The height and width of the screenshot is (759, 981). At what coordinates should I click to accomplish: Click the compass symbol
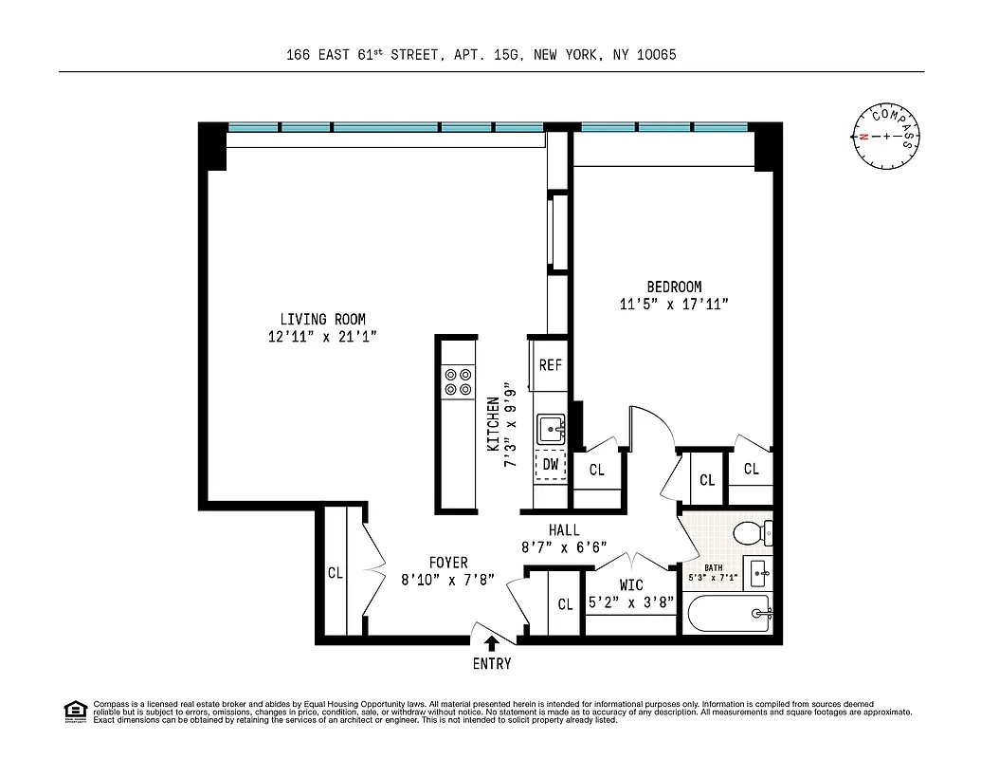click(x=886, y=137)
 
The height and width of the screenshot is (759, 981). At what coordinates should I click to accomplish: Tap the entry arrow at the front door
click(x=492, y=642)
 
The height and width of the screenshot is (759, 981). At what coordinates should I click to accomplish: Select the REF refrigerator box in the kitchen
click(x=550, y=365)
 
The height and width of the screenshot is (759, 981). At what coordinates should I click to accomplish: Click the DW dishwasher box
click(x=550, y=465)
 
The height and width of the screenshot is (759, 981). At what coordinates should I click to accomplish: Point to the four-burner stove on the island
click(x=458, y=381)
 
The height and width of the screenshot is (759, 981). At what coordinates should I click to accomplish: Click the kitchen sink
click(x=551, y=430)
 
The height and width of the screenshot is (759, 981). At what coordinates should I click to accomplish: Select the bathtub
click(x=731, y=616)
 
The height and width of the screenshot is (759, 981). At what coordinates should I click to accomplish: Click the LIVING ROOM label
click(x=322, y=320)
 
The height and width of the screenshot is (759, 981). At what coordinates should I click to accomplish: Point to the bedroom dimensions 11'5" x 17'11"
click(x=674, y=305)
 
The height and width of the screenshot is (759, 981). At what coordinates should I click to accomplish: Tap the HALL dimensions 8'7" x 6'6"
click(x=563, y=547)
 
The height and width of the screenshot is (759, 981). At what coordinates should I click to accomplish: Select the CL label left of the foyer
click(x=335, y=573)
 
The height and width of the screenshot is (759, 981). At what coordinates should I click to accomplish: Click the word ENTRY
click(x=492, y=664)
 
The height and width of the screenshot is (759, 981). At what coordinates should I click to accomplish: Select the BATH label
click(x=714, y=567)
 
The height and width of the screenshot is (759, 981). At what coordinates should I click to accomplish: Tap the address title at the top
click(x=481, y=55)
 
